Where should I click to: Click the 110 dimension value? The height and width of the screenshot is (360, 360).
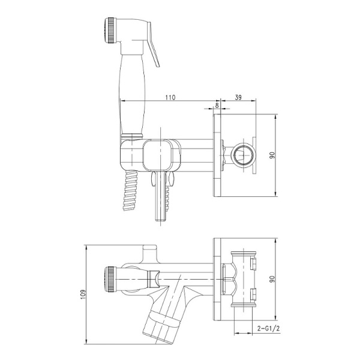pos(170,97)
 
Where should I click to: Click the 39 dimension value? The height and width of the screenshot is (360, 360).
pos(238,97)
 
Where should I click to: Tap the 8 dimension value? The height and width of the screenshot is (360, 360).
pos(217,105)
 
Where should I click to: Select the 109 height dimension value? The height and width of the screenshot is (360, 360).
pos(83,295)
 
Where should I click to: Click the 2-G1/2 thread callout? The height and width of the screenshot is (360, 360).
pos(269,329)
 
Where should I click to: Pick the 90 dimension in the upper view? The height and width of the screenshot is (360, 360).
pos(272,155)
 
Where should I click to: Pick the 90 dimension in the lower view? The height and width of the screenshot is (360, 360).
pos(272,279)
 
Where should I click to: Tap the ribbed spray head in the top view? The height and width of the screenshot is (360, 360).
pos(110,31)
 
